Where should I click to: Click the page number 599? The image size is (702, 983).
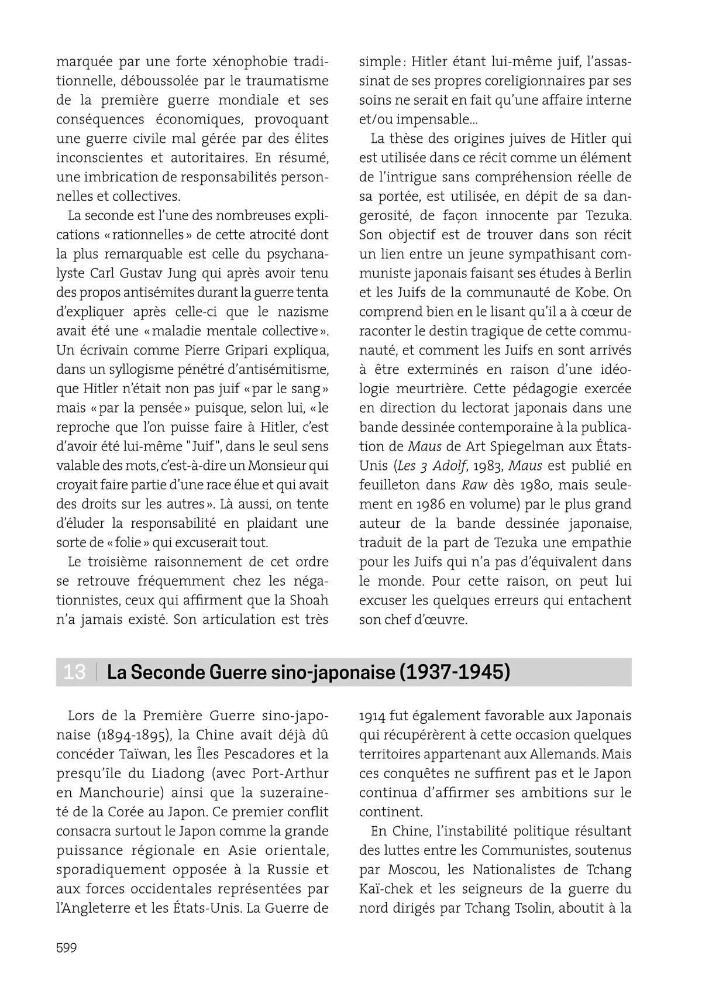click(67, 948)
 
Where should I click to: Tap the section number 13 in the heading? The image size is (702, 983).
click(74, 672)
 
